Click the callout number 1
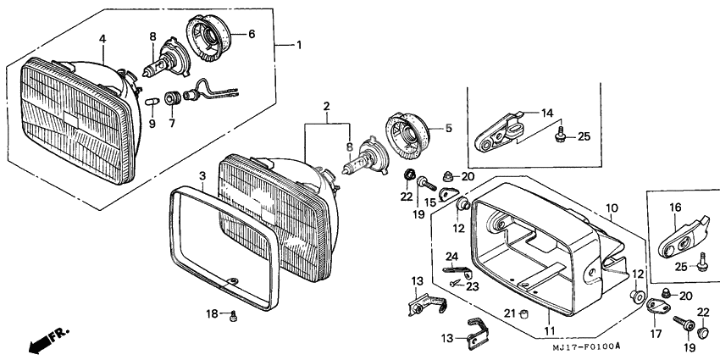tap(299, 46)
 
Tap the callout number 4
tap(102, 39)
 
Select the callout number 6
tap(252, 34)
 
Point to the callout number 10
tap(612, 208)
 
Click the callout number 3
tap(202, 176)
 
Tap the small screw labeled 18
tap(234, 315)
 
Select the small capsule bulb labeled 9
tap(152, 101)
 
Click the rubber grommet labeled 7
tap(173, 97)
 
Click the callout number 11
tap(550, 330)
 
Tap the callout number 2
tap(326, 107)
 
